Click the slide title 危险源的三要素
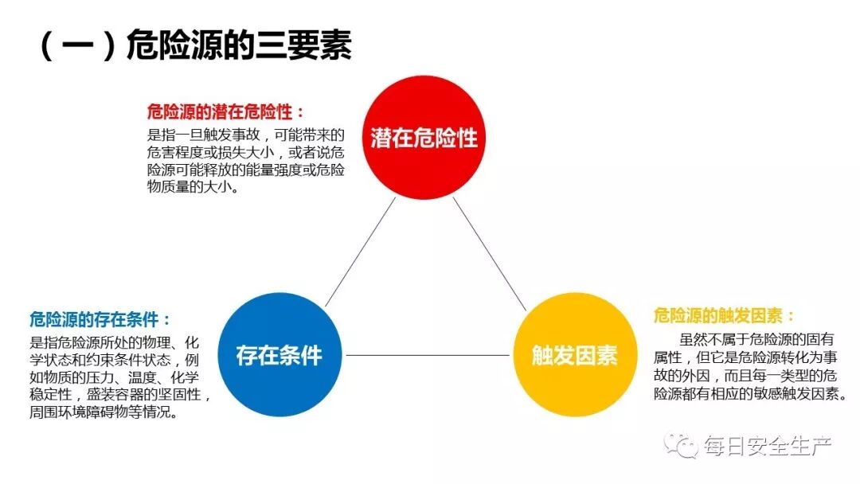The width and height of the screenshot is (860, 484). click(239, 46)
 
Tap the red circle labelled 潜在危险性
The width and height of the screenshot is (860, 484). click(424, 138)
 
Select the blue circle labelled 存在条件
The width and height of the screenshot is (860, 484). click(279, 355)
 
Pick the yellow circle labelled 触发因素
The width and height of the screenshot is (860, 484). click(574, 355)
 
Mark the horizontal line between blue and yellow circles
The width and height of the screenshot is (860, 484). click(426, 355)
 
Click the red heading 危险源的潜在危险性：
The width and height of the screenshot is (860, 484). click(226, 111)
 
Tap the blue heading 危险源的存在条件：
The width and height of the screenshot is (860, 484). click(100, 320)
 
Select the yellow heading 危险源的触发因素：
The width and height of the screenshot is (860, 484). click(724, 315)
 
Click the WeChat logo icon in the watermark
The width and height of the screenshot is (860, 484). click(682, 444)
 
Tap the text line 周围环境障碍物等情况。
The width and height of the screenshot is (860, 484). click(104, 413)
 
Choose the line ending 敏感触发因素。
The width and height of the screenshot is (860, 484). click(749, 395)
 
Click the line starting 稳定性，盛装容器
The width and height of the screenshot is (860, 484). click(120, 396)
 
